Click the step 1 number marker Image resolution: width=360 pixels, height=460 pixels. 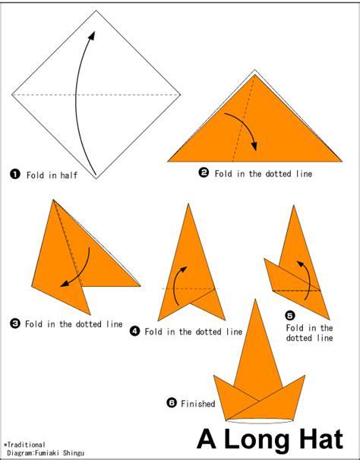[x=14, y=174]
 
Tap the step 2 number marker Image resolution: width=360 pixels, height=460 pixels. [x=204, y=172]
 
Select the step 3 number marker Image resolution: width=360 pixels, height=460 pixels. [x=14, y=323]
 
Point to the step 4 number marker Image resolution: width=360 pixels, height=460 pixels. [x=135, y=331]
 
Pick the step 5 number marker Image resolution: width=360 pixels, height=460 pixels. [x=289, y=315]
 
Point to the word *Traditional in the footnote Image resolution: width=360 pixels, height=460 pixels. [x=24, y=445]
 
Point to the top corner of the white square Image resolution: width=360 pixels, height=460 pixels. [x=96, y=11]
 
